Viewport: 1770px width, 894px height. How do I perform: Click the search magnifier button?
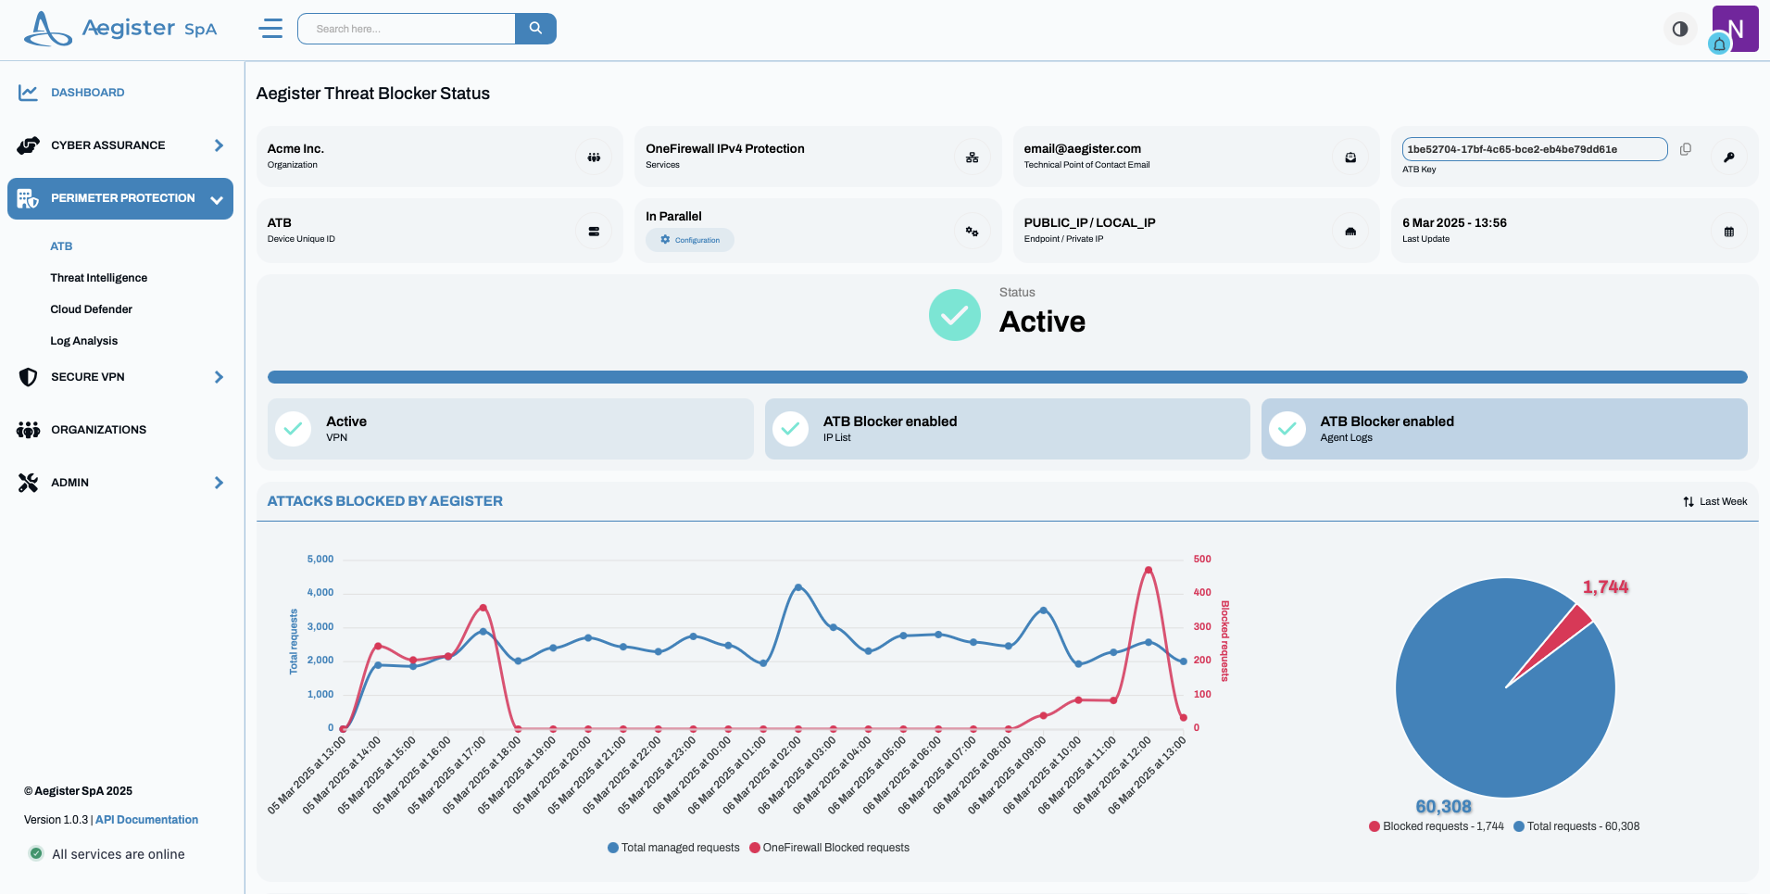click(x=535, y=29)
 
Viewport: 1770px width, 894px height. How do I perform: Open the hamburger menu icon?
click(x=270, y=29)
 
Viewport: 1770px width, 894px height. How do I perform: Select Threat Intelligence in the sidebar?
click(x=98, y=278)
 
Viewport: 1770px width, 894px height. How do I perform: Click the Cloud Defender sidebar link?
click(x=91, y=309)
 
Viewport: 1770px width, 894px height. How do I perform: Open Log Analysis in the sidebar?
click(x=83, y=341)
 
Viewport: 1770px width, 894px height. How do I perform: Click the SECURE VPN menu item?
click(x=88, y=377)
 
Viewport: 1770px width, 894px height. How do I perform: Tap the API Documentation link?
click(x=146, y=820)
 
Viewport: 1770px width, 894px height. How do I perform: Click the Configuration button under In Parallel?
click(x=690, y=240)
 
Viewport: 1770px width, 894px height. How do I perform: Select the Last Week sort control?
click(x=1715, y=501)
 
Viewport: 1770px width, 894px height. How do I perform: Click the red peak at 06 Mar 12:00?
click(x=1149, y=570)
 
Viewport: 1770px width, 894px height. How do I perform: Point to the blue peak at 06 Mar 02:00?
click(x=798, y=587)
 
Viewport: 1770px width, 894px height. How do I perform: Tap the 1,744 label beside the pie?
click(x=1605, y=587)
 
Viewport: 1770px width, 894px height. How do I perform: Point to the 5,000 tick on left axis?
click(x=320, y=560)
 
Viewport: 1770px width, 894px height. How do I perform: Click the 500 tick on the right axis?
click(x=1202, y=560)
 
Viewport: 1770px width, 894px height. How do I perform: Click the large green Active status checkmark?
click(x=954, y=316)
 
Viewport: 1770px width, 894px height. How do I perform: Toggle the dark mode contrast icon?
click(x=1680, y=29)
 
